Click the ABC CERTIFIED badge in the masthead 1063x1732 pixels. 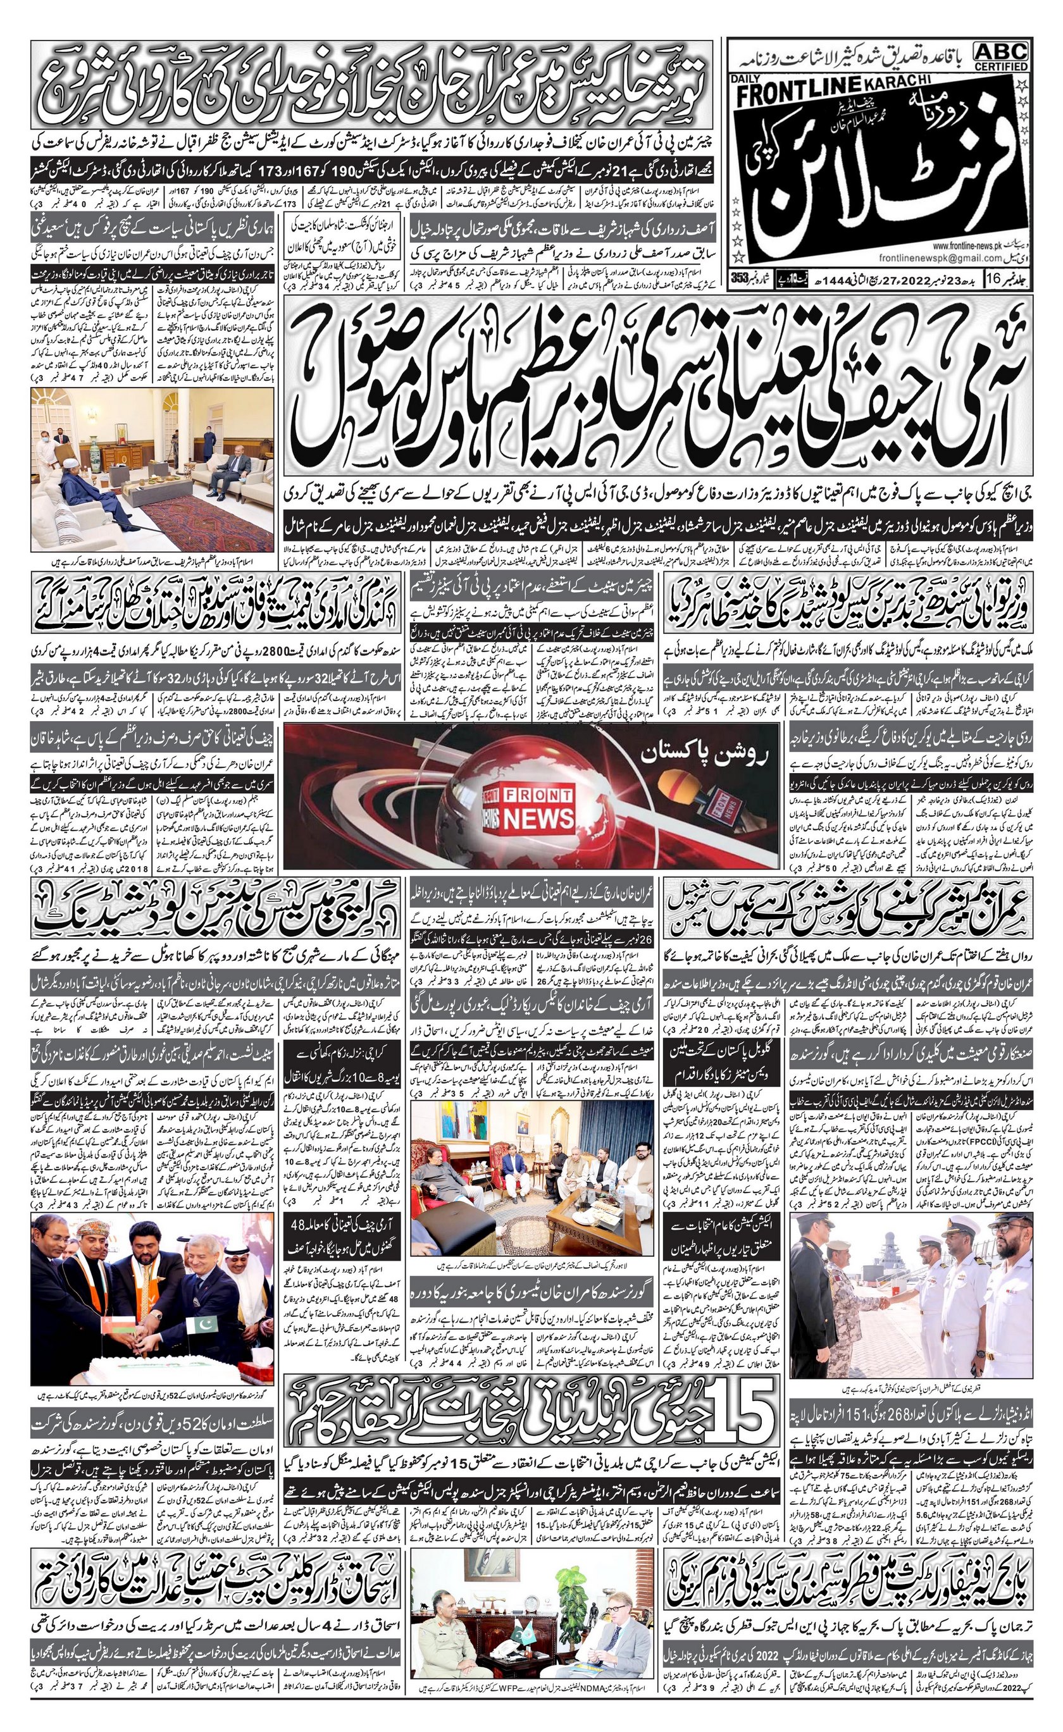point(1001,56)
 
